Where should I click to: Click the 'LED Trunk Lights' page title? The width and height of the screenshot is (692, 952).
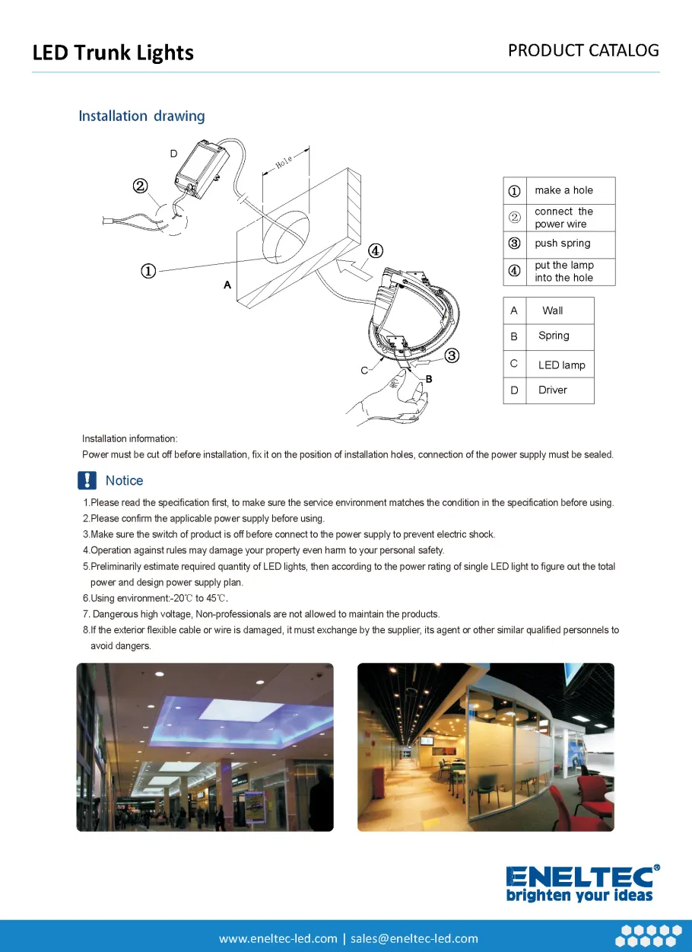[113, 53]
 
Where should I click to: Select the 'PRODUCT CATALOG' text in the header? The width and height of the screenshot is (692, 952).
[583, 50]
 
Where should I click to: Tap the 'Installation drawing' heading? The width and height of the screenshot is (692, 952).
[141, 116]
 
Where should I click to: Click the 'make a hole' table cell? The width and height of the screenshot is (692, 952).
[563, 190]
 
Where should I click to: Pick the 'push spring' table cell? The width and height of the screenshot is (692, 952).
[562, 244]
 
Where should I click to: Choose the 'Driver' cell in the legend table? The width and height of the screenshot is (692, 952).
[553, 390]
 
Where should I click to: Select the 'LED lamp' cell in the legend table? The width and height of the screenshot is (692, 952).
[561, 365]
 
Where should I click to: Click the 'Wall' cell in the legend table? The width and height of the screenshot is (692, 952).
[553, 310]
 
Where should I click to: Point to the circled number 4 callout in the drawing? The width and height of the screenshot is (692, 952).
[375, 251]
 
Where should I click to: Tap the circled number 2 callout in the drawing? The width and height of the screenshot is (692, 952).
[140, 186]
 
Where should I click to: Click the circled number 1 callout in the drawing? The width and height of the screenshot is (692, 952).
[148, 271]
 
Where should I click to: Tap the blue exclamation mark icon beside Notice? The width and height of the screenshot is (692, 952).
[87, 480]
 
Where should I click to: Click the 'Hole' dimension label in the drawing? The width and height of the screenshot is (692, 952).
[284, 161]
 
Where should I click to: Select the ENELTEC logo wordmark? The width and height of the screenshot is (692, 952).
[582, 877]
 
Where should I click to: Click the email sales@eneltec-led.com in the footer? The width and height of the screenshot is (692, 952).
[414, 938]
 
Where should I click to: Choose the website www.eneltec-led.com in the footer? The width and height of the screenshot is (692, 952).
[278, 938]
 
